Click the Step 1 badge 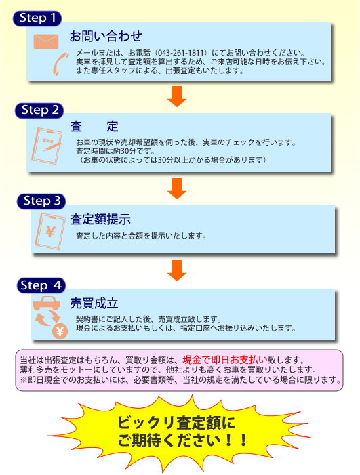pyautogui.click(x=37, y=18)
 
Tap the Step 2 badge pyautogui.click(x=39, y=110)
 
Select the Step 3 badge pyautogui.click(x=41, y=201)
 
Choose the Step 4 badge pyautogui.click(x=41, y=285)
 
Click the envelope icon pyautogui.click(x=46, y=41)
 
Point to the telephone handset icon pyautogui.click(x=60, y=64)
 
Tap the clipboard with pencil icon pyautogui.click(x=47, y=146)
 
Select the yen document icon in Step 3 pyautogui.click(x=50, y=231)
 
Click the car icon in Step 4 pyautogui.click(x=46, y=303)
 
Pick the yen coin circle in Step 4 pyautogui.click(x=60, y=331)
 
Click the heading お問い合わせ pyautogui.click(x=106, y=36)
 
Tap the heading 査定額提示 pyautogui.click(x=100, y=219)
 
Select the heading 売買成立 pyautogui.click(x=94, y=304)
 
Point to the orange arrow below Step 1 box pyautogui.click(x=177, y=96)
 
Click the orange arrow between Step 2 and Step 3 pyautogui.click(x=177, y=188)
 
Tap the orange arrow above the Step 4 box pyautogui.click(x=177, y=270)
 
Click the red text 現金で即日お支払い pyautogui.click(x=225, y=360)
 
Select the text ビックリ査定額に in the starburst pyautogui.click(x=176, y=423)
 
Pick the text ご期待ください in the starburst pyautogui.click(x=169, y=440)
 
